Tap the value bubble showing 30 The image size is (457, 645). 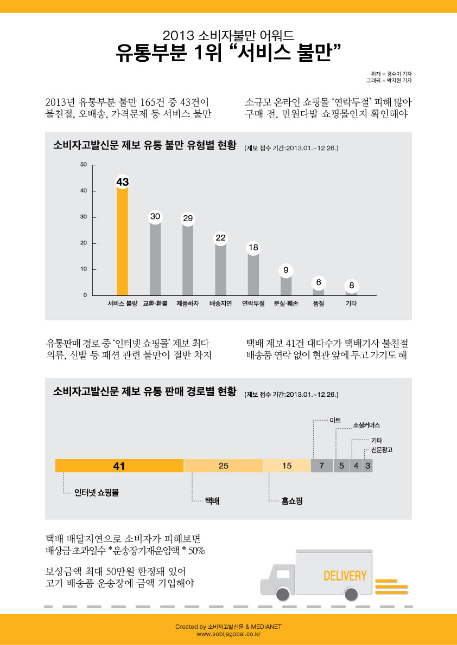pyautogui.click(x=155, y=217)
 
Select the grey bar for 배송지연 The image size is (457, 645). pyautogui.click(x=220, y=269)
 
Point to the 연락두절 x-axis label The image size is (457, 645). pyautogui.click(x=253, y=304)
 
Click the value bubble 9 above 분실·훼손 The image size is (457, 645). pyautogui.click(x=285, y=270)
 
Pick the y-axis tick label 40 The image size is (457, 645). pyautogui.click(x=83, y=191)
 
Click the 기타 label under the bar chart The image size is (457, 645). pyautogui.click(x=351, y=304)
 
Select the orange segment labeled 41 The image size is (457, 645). pyautogui.click(x=119, y=466)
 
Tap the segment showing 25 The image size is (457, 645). pyautogui.click(x=224, y=466)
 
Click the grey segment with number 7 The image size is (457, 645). pyautogui.click(x=322, y=466)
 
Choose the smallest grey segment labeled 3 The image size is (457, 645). pyautogui.click(x=367, y=466)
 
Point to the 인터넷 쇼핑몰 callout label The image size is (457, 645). pyautogui.click(x=97, y=492)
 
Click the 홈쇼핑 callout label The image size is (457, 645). pyautogui.click(x=292, y=501)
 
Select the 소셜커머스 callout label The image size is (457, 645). pyautogui.click(x=367, y=425)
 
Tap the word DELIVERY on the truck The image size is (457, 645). pyautogui.click(x=345, y=576)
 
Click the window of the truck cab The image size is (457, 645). pyautogui.click(x=283, y=574)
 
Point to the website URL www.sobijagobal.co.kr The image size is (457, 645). pyautogui.click(x=228, y=634)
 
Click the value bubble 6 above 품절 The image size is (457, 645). pyautogui.click(x=319, y=283)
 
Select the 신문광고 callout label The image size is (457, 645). pyautogui.click(x=382, y=450)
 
